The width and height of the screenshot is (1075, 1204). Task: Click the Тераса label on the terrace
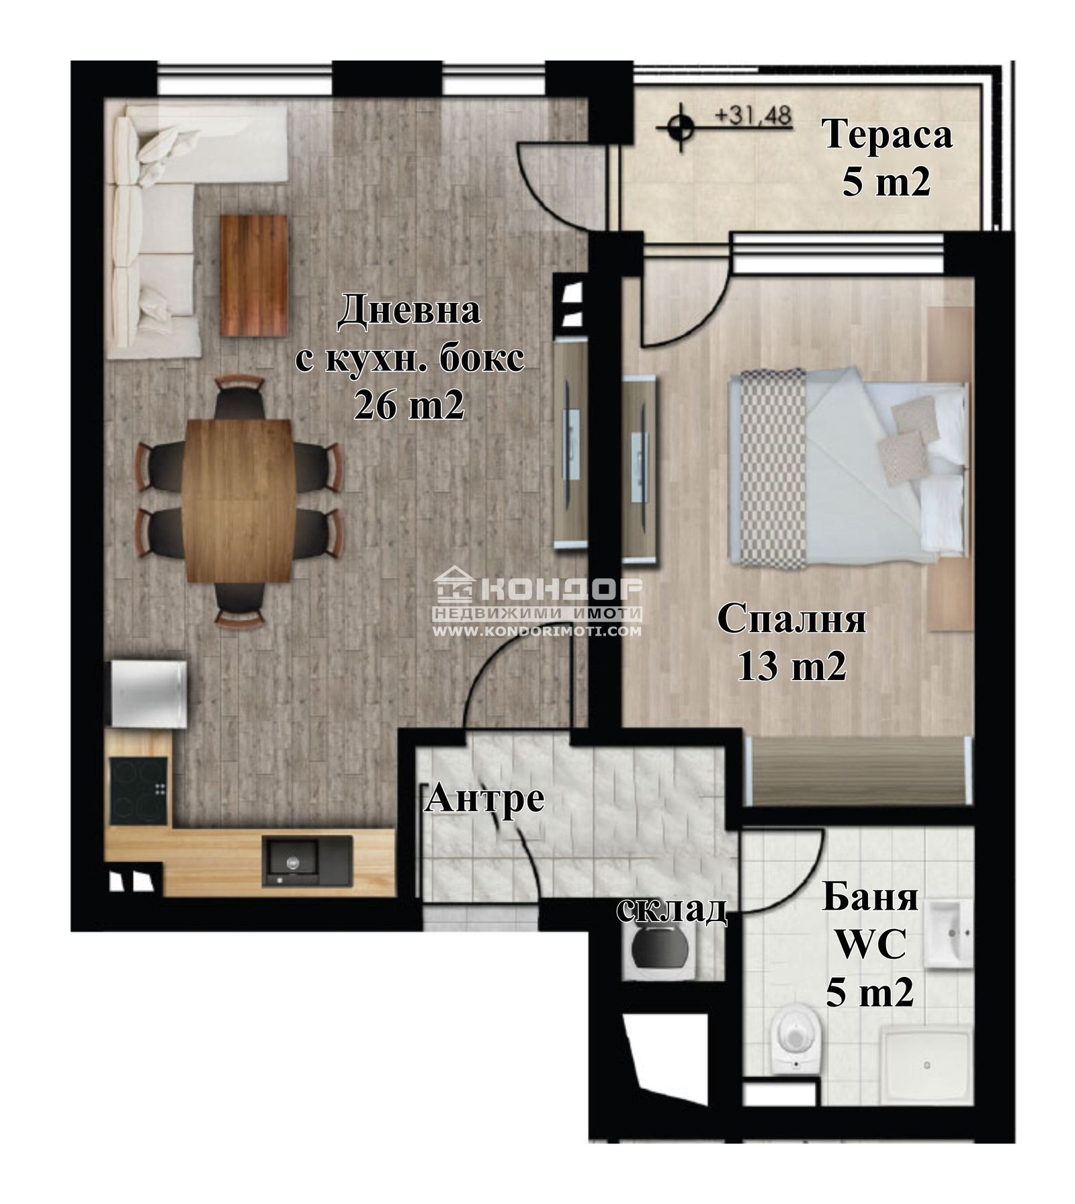pyautogui.click(x=888, y=134)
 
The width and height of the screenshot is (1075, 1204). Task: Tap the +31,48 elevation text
pyautogui.click(x=752, y=116)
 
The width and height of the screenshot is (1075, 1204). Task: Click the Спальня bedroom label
pyautogui.click(x=791, y=619)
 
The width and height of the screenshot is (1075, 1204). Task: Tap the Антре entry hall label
pyautogui.click(x=484, y=799)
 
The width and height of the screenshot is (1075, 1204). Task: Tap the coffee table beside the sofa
pyautogui.click(x=254, y=275)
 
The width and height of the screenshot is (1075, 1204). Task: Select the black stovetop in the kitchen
pyautogui.click(x=138, y=791)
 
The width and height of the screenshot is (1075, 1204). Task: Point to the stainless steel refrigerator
pyautogui.click(x=148, y=693)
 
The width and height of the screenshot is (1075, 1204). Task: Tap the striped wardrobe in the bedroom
pyautogui.click(x=858, y=770)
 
